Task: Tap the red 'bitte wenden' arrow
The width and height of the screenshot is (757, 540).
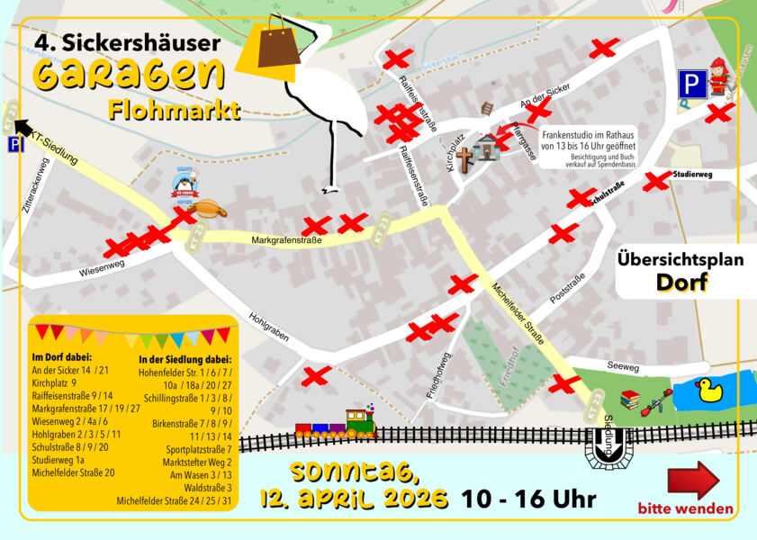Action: [693, 480]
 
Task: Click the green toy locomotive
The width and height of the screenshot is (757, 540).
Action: [359, 422]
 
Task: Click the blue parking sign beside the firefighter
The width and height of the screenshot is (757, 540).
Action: [690, 85]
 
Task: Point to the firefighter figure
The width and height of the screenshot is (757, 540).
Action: [717, 76]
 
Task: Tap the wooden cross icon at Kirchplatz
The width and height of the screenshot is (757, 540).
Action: [464, 160]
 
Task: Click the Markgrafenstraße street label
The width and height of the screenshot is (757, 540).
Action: [286, 240]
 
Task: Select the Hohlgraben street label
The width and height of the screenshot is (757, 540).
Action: [268, 327]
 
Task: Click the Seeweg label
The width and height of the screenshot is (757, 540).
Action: [622, 367]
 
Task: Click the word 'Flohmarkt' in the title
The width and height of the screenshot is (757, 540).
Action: [174, 112]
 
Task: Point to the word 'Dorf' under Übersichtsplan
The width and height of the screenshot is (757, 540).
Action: [680, 283]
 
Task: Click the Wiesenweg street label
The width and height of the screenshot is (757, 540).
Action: [101, 267]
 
